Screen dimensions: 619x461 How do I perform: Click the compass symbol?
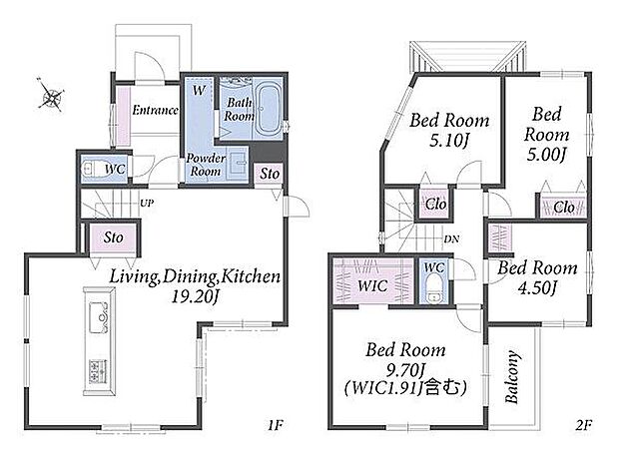click(51, 94)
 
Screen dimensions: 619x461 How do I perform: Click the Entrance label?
click(155, 110)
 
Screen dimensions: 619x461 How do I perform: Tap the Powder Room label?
click(205, 165)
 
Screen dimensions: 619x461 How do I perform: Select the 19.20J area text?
click(195, 296)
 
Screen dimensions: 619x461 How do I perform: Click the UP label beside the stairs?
click(147, 204)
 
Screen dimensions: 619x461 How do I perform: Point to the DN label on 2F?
click(451, 239)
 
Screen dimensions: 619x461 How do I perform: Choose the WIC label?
click(372, 285)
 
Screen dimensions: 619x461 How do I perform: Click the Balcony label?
click(511, 377)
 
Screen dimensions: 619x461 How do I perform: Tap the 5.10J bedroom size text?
click(449, 140)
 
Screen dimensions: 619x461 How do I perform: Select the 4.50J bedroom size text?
click(537, 288)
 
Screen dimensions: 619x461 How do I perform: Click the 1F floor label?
click(276, 425)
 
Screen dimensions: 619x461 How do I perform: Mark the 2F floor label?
click(583, 425)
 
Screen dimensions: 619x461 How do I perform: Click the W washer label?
click(199, 91)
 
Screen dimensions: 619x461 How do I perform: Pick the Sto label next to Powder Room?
click(270, 174)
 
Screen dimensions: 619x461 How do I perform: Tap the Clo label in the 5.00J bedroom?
click(564, 207)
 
